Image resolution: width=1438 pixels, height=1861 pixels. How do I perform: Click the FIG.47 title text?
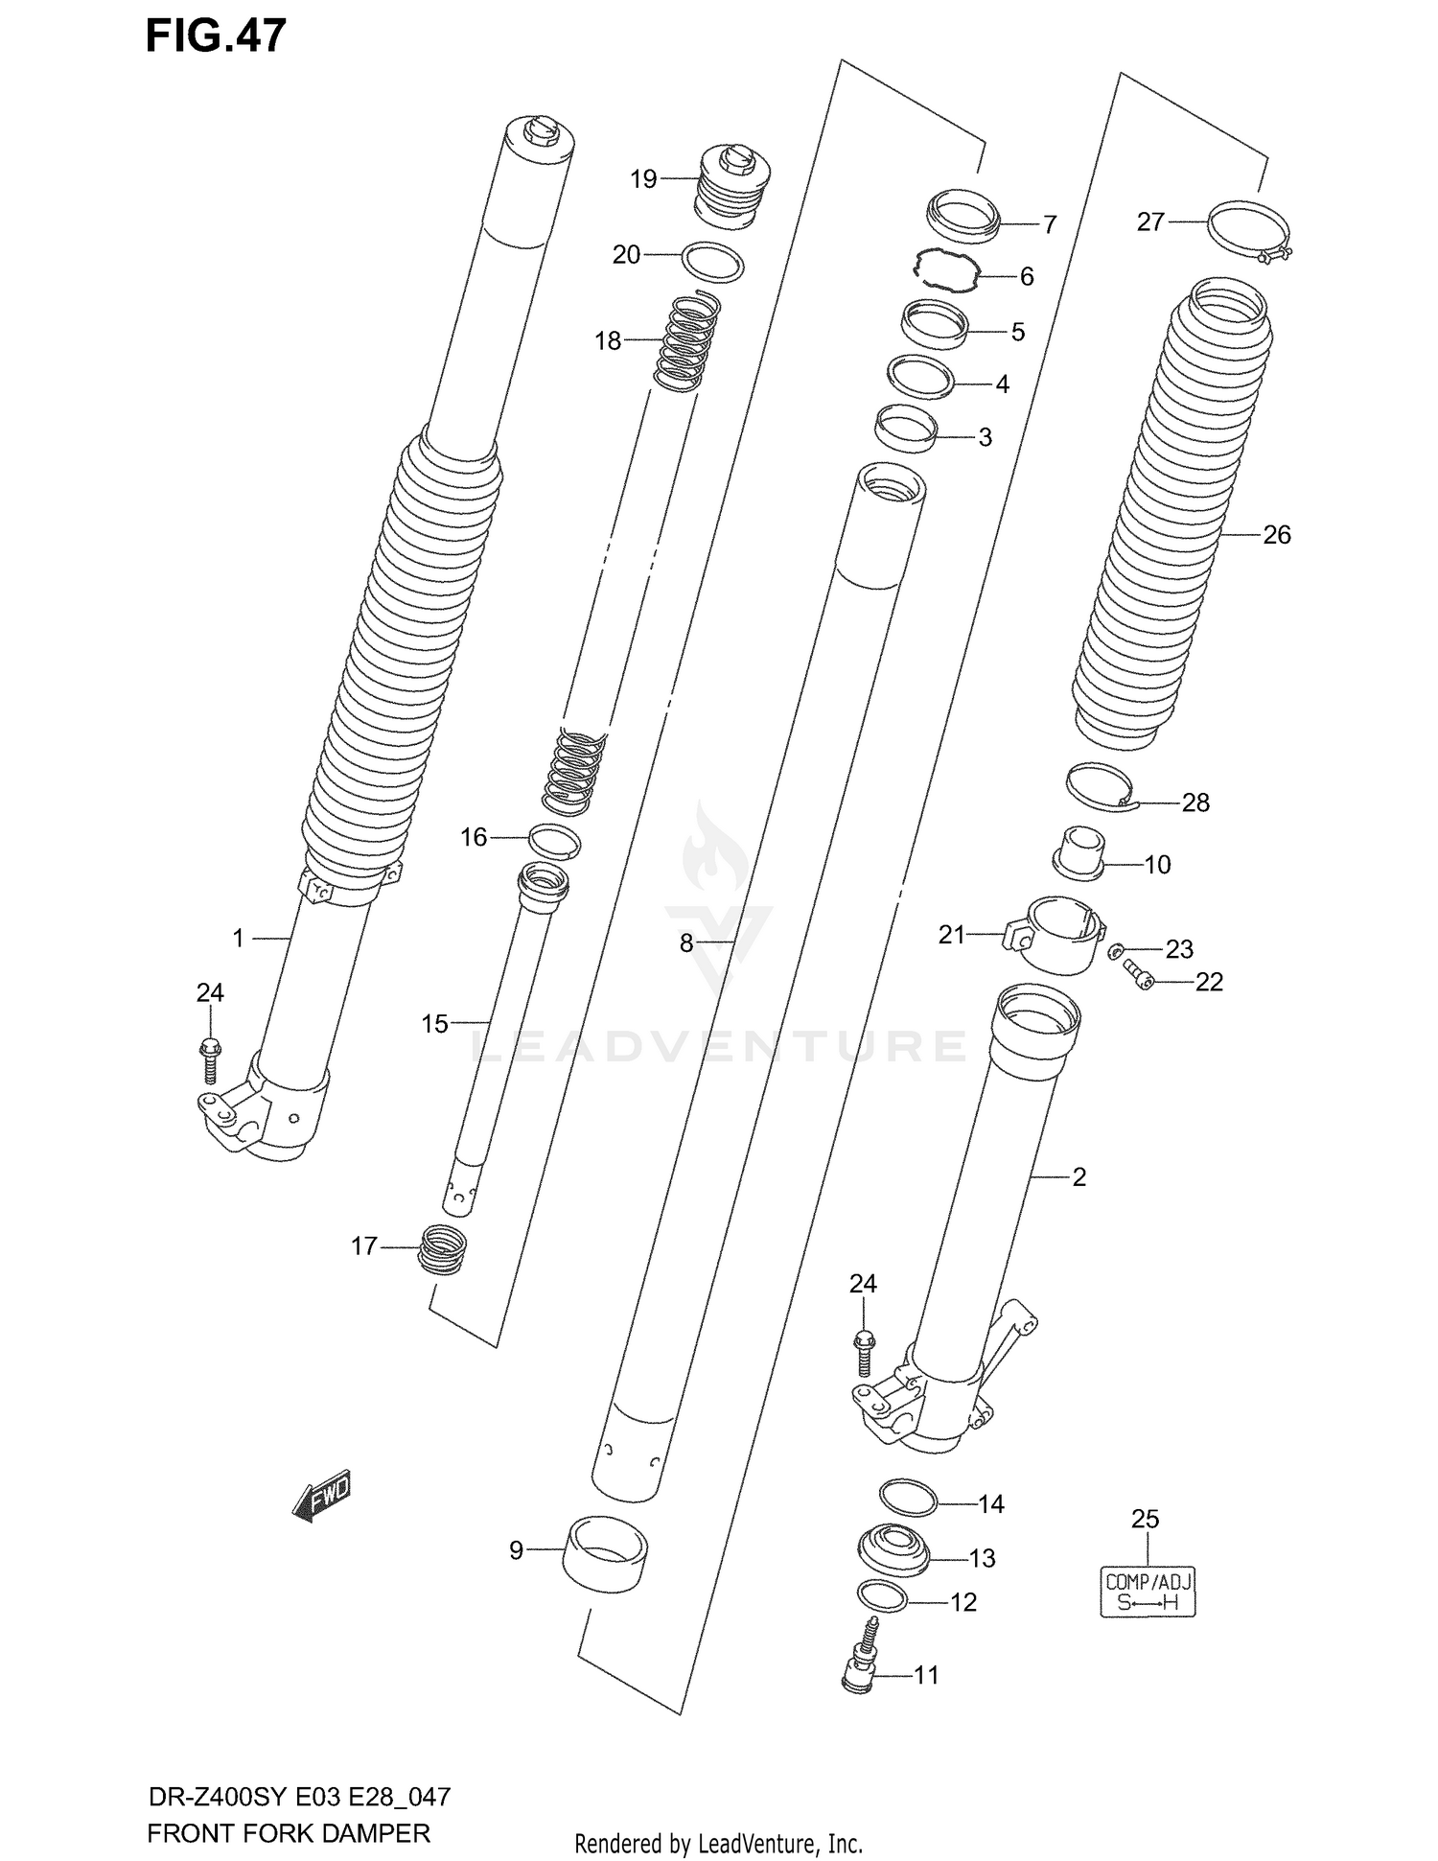pos(216,36)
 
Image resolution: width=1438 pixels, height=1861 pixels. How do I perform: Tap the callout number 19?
pos(643,179)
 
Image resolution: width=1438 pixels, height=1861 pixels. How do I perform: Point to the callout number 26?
pos(1276,535)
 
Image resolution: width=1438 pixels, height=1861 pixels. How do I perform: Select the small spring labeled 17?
pos(444,1250)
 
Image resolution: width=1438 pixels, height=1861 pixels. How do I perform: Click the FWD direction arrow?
pos(322,1495)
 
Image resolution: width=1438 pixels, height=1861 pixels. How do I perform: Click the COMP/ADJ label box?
pos(1148,1593)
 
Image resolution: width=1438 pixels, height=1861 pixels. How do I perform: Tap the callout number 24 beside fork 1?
pos(210,992)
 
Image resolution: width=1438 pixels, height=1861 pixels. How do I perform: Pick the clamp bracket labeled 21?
pos(1055,935)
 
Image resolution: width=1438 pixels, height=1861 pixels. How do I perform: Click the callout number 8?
pos(685,943)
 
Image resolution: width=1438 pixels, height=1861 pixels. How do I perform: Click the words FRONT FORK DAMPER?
pos(289,1833)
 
